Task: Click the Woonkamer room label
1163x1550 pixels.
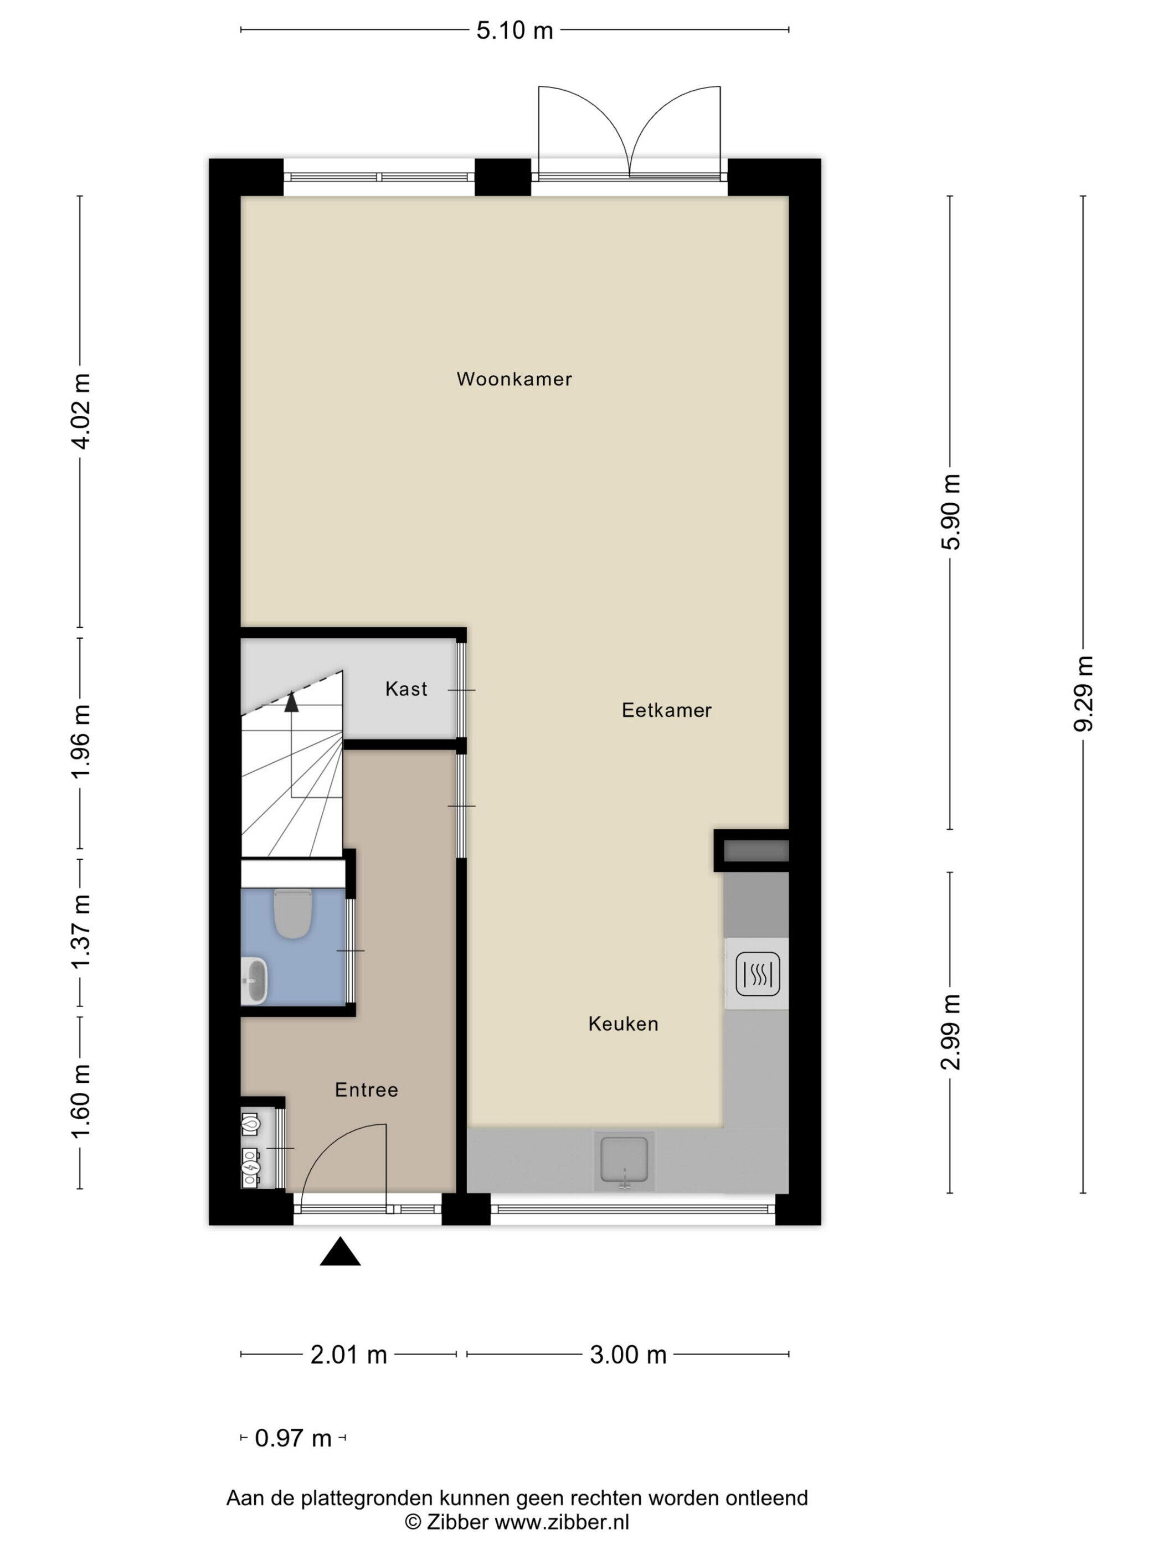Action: [x=514, y=379]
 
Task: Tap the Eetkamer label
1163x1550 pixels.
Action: [x=666, y=711]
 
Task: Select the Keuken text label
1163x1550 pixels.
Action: [x=623, y=1025]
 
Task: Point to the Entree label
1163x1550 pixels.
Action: [x=366, y=1089]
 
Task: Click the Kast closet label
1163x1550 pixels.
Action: [x=406, y=689]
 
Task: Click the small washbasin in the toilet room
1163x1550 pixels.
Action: [x=254, y=980]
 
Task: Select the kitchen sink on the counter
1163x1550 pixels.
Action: [x=624, y=1161]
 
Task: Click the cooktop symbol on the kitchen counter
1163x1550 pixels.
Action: [x=758, y=974]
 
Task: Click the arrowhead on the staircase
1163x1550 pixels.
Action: [x=292, y=702]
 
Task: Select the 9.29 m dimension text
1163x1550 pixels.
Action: [x=1084, y=694]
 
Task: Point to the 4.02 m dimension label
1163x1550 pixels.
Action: [x=81, y=411]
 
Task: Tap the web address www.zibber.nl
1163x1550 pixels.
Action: [x=562, y=1521]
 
